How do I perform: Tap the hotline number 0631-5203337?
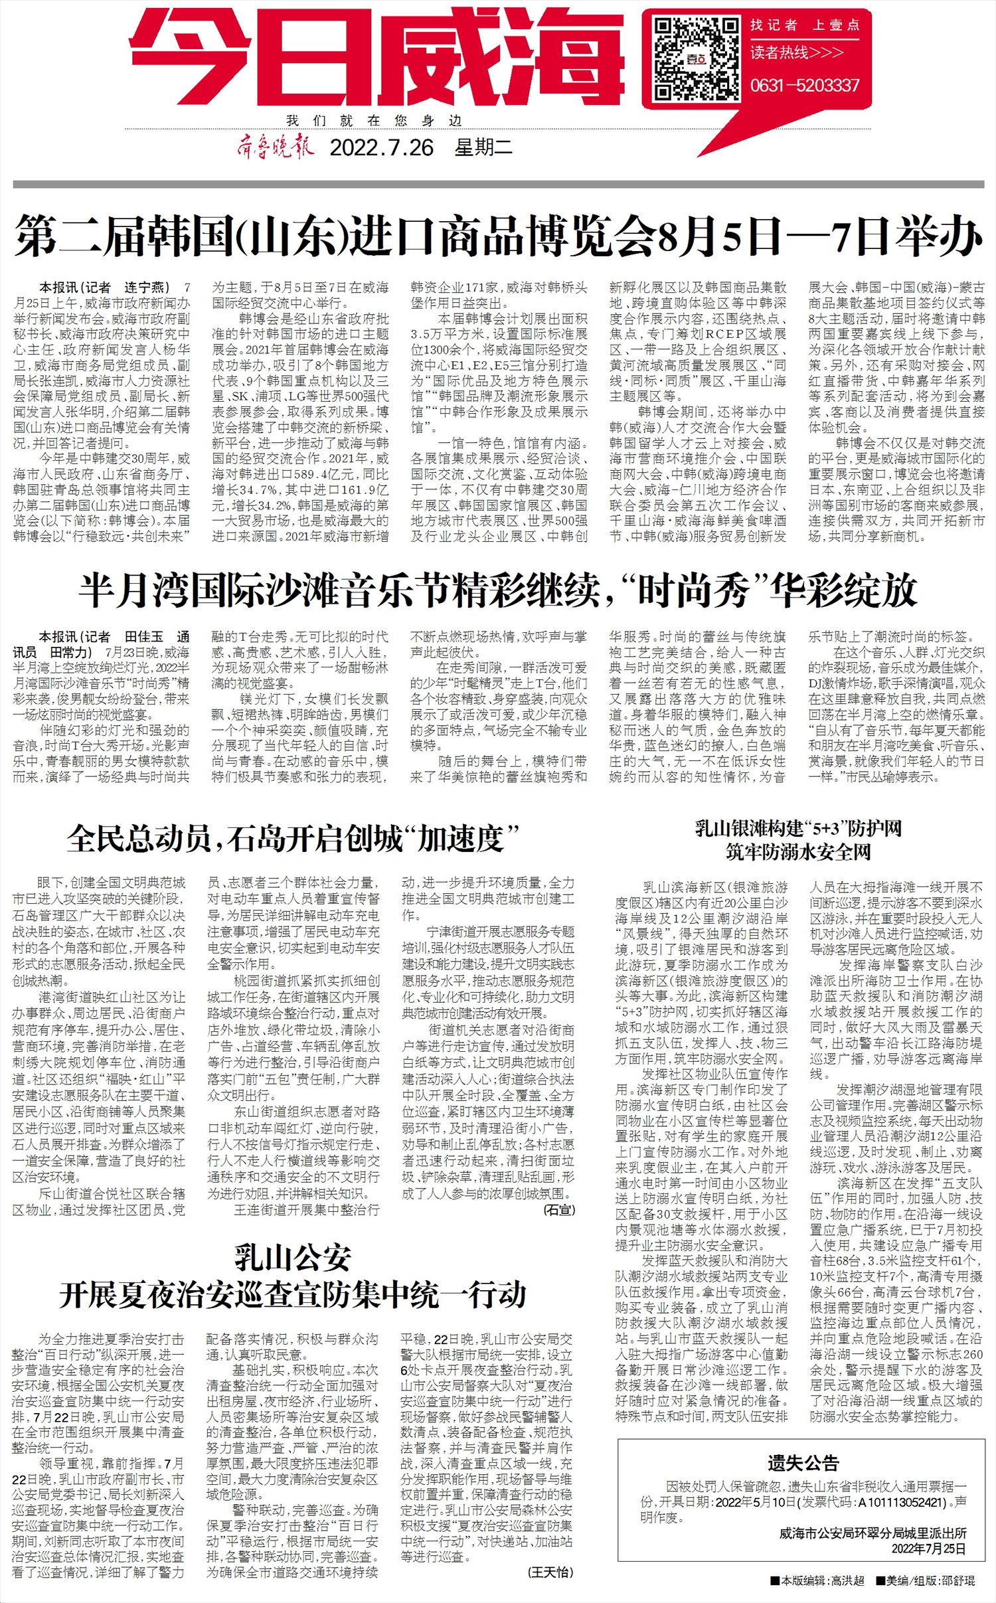coord(805,86)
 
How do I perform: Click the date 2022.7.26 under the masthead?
coord(382,147)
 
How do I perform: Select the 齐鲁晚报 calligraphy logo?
coord(274,146)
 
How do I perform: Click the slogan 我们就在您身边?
coord(374,122)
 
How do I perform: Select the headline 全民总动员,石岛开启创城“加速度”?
coord(292,840)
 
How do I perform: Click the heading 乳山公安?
coord(292,1258)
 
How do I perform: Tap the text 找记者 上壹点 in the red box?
coord(805,26)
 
